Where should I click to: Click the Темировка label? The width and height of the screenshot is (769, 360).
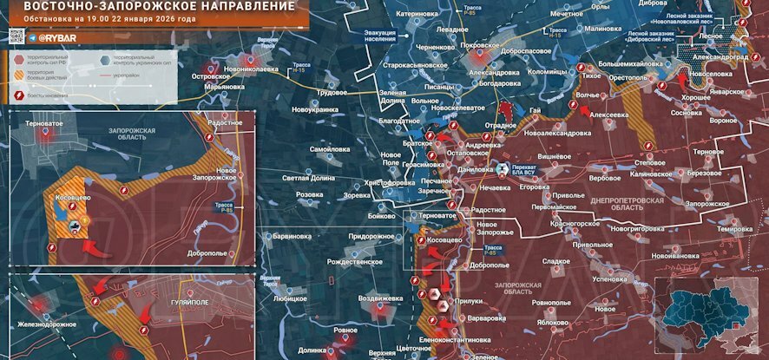point(734,229)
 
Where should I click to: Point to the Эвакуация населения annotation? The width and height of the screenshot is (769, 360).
point(386,36)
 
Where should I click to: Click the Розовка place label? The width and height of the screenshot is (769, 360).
point(310,195)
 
